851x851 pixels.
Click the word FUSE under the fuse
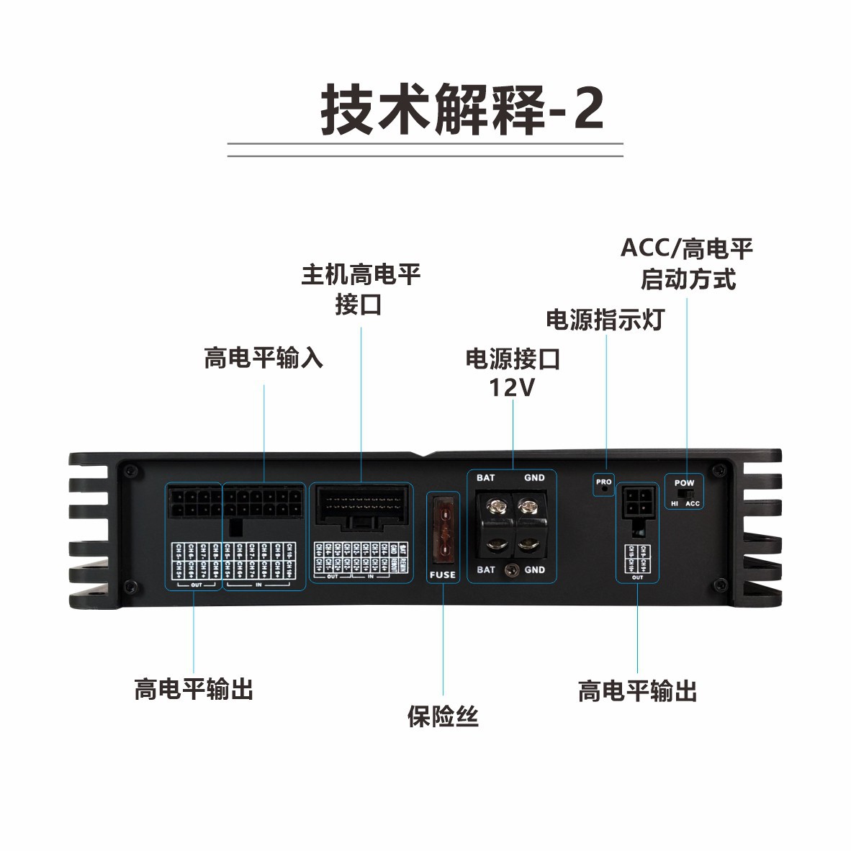point(442,575)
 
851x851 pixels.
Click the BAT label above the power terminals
point(486,478)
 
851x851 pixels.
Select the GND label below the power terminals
point(534,569)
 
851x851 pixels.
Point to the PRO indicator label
point(603,482)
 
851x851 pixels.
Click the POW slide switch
point(687,494)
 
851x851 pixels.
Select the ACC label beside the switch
point(693,504)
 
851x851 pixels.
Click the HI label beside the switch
point(675,504)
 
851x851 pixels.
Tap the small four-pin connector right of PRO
point(637,500)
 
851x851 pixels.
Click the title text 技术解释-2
point(461,109)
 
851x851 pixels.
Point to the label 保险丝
point(442,716)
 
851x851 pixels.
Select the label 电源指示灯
point(605,320)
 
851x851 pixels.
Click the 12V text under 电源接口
point(512,388)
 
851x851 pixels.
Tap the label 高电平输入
point(263,358)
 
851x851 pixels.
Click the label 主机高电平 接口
point(360,289)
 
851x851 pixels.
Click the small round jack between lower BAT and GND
point(512,571)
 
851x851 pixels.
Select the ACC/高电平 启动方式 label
point(687,264)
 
